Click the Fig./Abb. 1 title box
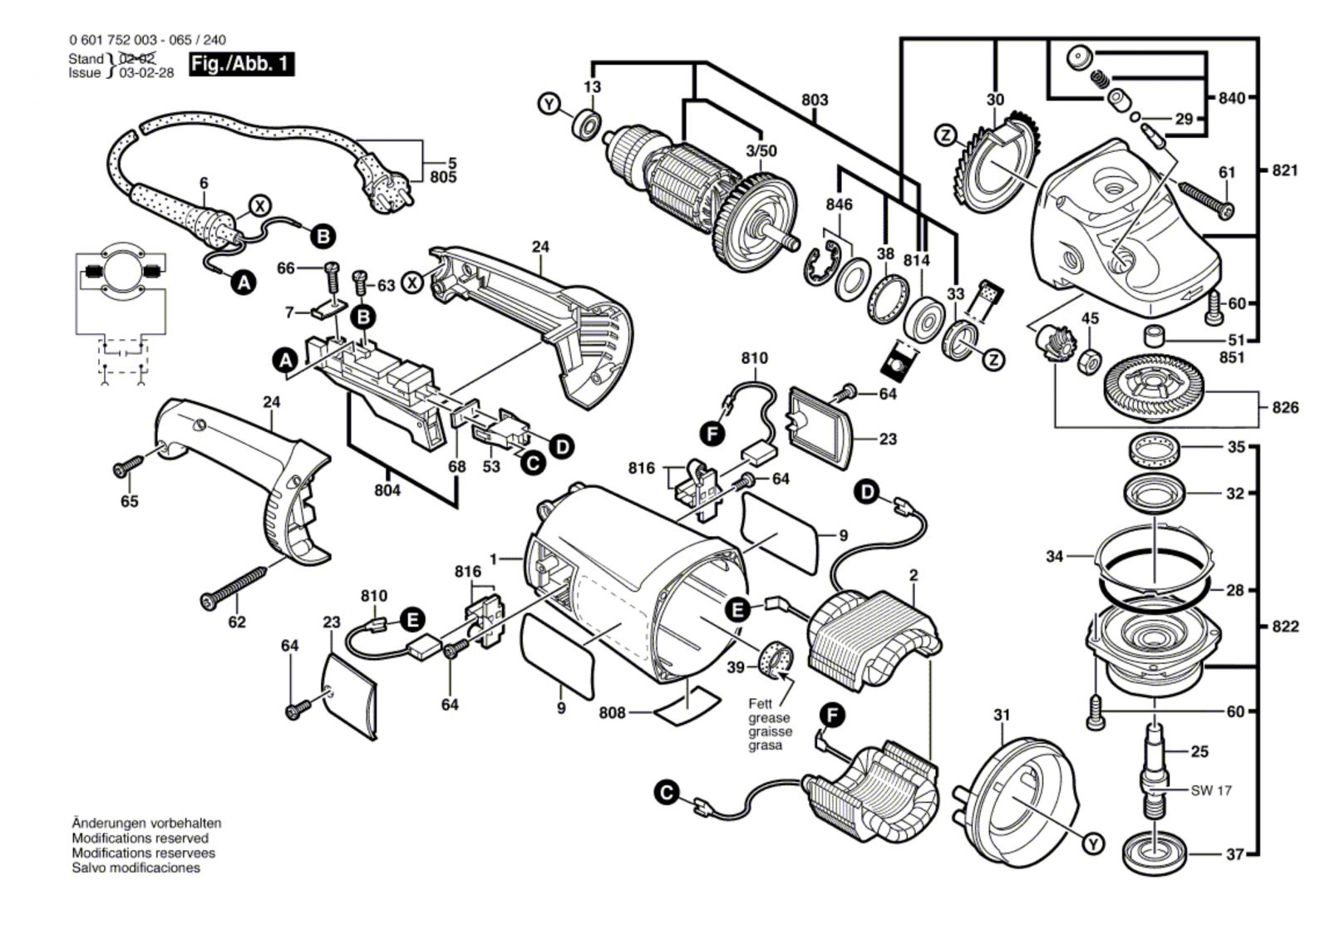tap(242, 64)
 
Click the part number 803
tap(815, 101)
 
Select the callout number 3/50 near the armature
tap(761, 150)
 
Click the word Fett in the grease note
tap(760, 704)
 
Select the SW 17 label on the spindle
tap(1211, 790)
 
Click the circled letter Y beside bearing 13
tap(549, 104)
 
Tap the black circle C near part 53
tap(533, 462)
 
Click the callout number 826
tap(1284, 408)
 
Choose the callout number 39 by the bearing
tap(736, 667)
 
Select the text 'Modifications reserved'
tap(140, 838)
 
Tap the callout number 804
tap(387, 490)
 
